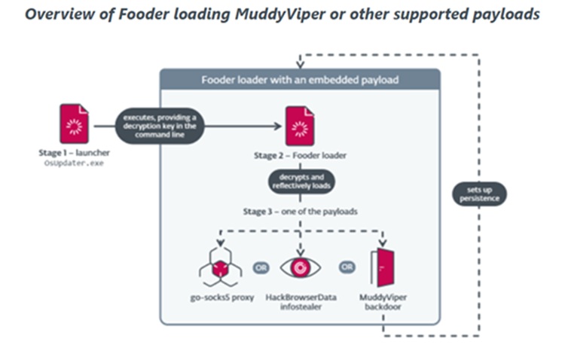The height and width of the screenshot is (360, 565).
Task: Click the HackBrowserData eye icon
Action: pos(301,267)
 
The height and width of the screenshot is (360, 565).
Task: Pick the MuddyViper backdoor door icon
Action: pos(382,267)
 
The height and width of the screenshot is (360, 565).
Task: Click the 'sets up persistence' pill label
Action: pos(480,195)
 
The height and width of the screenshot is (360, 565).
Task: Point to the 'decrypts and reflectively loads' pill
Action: pos(300,181)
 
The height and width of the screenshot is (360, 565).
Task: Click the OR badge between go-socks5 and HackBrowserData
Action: pos(260,266)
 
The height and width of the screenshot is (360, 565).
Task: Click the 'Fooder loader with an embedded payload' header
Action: pos(299,81)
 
